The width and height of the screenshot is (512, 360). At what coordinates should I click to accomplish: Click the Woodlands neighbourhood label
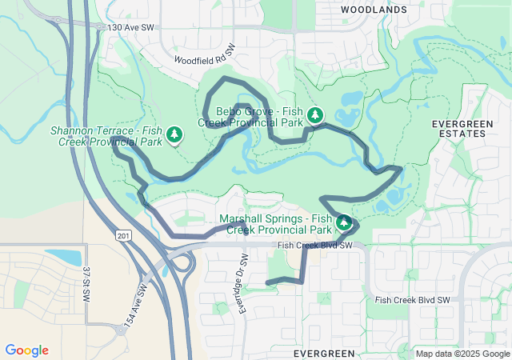(374, 10)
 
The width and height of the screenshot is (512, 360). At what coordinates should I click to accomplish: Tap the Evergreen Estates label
(458, 129)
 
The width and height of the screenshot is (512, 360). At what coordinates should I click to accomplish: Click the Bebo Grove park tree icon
(316, 116)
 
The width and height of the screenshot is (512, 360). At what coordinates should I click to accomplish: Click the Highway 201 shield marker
(122, 235)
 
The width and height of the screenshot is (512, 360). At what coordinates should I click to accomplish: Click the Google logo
(26, 350)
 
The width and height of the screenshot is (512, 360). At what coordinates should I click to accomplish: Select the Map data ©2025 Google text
(463, 354)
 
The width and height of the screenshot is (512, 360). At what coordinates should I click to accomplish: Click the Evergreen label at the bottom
(323, 353)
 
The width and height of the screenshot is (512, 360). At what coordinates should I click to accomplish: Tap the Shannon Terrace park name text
(106, 136)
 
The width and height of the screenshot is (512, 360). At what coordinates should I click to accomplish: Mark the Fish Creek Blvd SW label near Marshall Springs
(315, 246)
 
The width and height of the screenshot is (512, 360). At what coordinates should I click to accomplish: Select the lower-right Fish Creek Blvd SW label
(413, 300)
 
